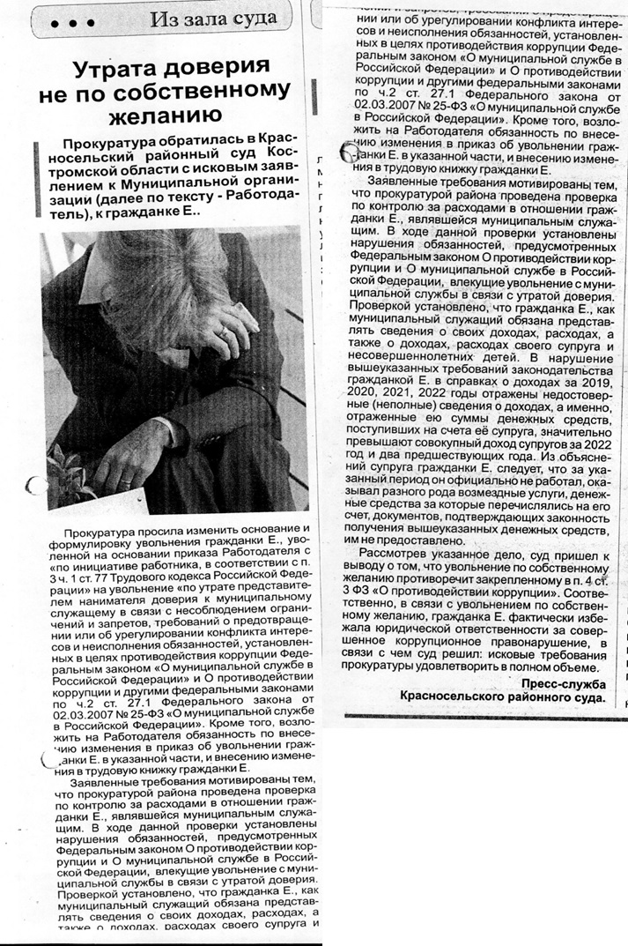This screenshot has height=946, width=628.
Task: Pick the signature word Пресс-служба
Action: [563, 683]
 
